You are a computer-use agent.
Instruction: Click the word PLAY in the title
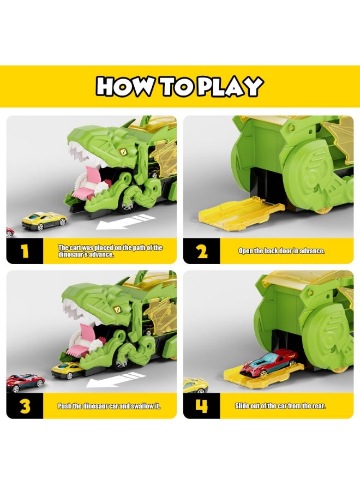[230, 86]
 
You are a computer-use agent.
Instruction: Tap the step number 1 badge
[25, 251]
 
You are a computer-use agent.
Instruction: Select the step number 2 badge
[202, 251]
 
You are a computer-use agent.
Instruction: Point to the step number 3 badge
[25, 406]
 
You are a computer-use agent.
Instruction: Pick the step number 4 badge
[202, 406]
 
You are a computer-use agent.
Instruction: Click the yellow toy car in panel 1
[44, 221]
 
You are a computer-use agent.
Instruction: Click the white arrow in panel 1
[125, 221]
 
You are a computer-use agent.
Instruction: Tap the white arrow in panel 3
[116, 380]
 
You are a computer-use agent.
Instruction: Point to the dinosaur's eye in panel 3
[117, 309]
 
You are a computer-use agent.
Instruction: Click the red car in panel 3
[25, 382]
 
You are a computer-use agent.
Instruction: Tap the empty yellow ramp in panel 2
[241, 213]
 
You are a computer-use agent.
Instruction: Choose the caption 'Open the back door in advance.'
[281, 251]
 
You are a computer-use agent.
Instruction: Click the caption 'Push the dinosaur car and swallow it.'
[109, 406]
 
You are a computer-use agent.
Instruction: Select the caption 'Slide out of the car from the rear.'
[280, 406]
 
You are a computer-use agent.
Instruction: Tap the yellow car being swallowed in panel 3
[67, 370]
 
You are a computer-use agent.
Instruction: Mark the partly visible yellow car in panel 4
[195, 385]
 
